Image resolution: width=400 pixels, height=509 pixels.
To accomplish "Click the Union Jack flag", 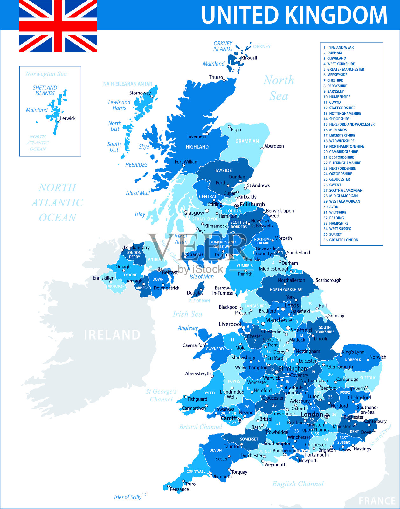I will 58,26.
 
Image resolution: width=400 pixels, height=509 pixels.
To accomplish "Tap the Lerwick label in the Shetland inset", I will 68,118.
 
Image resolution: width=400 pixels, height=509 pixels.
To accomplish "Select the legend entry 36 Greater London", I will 341,240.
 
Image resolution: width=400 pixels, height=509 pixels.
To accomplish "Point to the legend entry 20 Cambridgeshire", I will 341,152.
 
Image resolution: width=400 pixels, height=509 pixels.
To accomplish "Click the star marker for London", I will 327,415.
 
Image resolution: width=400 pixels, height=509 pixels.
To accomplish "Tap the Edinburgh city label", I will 252,205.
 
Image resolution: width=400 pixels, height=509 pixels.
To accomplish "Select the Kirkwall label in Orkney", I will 249,58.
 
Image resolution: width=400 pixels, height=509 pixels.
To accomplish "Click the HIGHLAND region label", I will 197,147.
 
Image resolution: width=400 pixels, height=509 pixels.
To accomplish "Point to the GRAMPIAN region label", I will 247,141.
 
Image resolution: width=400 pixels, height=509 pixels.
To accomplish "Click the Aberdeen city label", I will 274,146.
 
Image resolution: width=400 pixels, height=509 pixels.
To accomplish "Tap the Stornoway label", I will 140,93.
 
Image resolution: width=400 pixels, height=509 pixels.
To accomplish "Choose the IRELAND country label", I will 112,335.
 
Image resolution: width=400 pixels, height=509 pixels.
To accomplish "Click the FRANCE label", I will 377,501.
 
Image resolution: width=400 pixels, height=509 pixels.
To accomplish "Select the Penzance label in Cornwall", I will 179,489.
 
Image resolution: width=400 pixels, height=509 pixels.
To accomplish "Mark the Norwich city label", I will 378,357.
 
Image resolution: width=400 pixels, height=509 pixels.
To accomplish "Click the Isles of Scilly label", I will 128,497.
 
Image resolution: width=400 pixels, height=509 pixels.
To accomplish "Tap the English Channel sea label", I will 298,484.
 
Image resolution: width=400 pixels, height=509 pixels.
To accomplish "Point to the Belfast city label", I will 170,272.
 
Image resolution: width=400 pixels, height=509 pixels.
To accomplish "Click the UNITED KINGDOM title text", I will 294,15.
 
